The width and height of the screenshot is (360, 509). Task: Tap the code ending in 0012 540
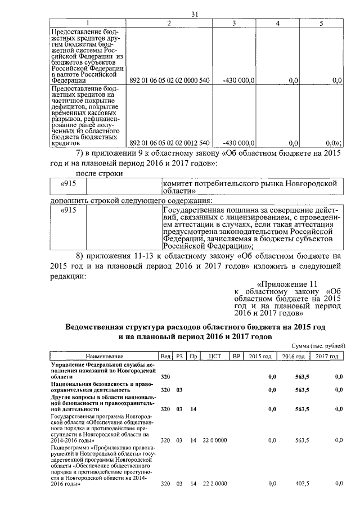pos(169,142)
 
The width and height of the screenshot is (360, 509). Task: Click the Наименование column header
pos(104,357)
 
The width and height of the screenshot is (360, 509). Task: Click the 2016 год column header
pos(293,357)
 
